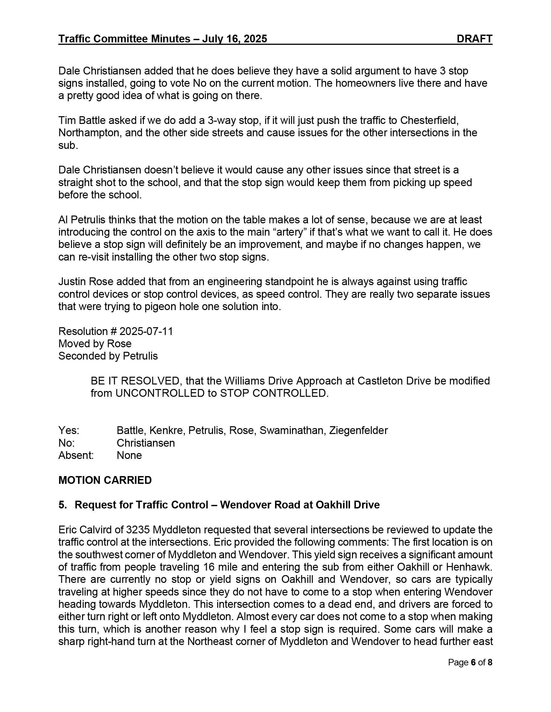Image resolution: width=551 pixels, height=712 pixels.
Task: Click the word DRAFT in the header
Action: [x=474, y=39]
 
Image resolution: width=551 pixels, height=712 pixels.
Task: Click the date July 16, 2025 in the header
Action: [x=234, y=39]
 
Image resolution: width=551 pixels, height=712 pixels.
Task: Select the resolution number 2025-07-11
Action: [x=146, y=331]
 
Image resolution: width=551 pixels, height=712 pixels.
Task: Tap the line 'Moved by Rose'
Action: [x=95, y=344]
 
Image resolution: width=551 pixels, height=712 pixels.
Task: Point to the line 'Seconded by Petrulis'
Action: [x=108, y=356]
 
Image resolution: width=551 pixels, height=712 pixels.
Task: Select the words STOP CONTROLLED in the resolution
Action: [x=273, y=393]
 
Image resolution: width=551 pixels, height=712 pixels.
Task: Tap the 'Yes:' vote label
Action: [x=68, y=430]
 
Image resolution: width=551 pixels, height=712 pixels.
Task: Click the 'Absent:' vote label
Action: [x=76, y=455]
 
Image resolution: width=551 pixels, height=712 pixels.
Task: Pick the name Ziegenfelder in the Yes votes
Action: [x=358, y=430]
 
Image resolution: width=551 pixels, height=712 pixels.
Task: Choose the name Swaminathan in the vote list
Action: [x=292, y=430]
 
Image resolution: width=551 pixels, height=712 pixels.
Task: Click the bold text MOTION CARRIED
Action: [x=105, y=480]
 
